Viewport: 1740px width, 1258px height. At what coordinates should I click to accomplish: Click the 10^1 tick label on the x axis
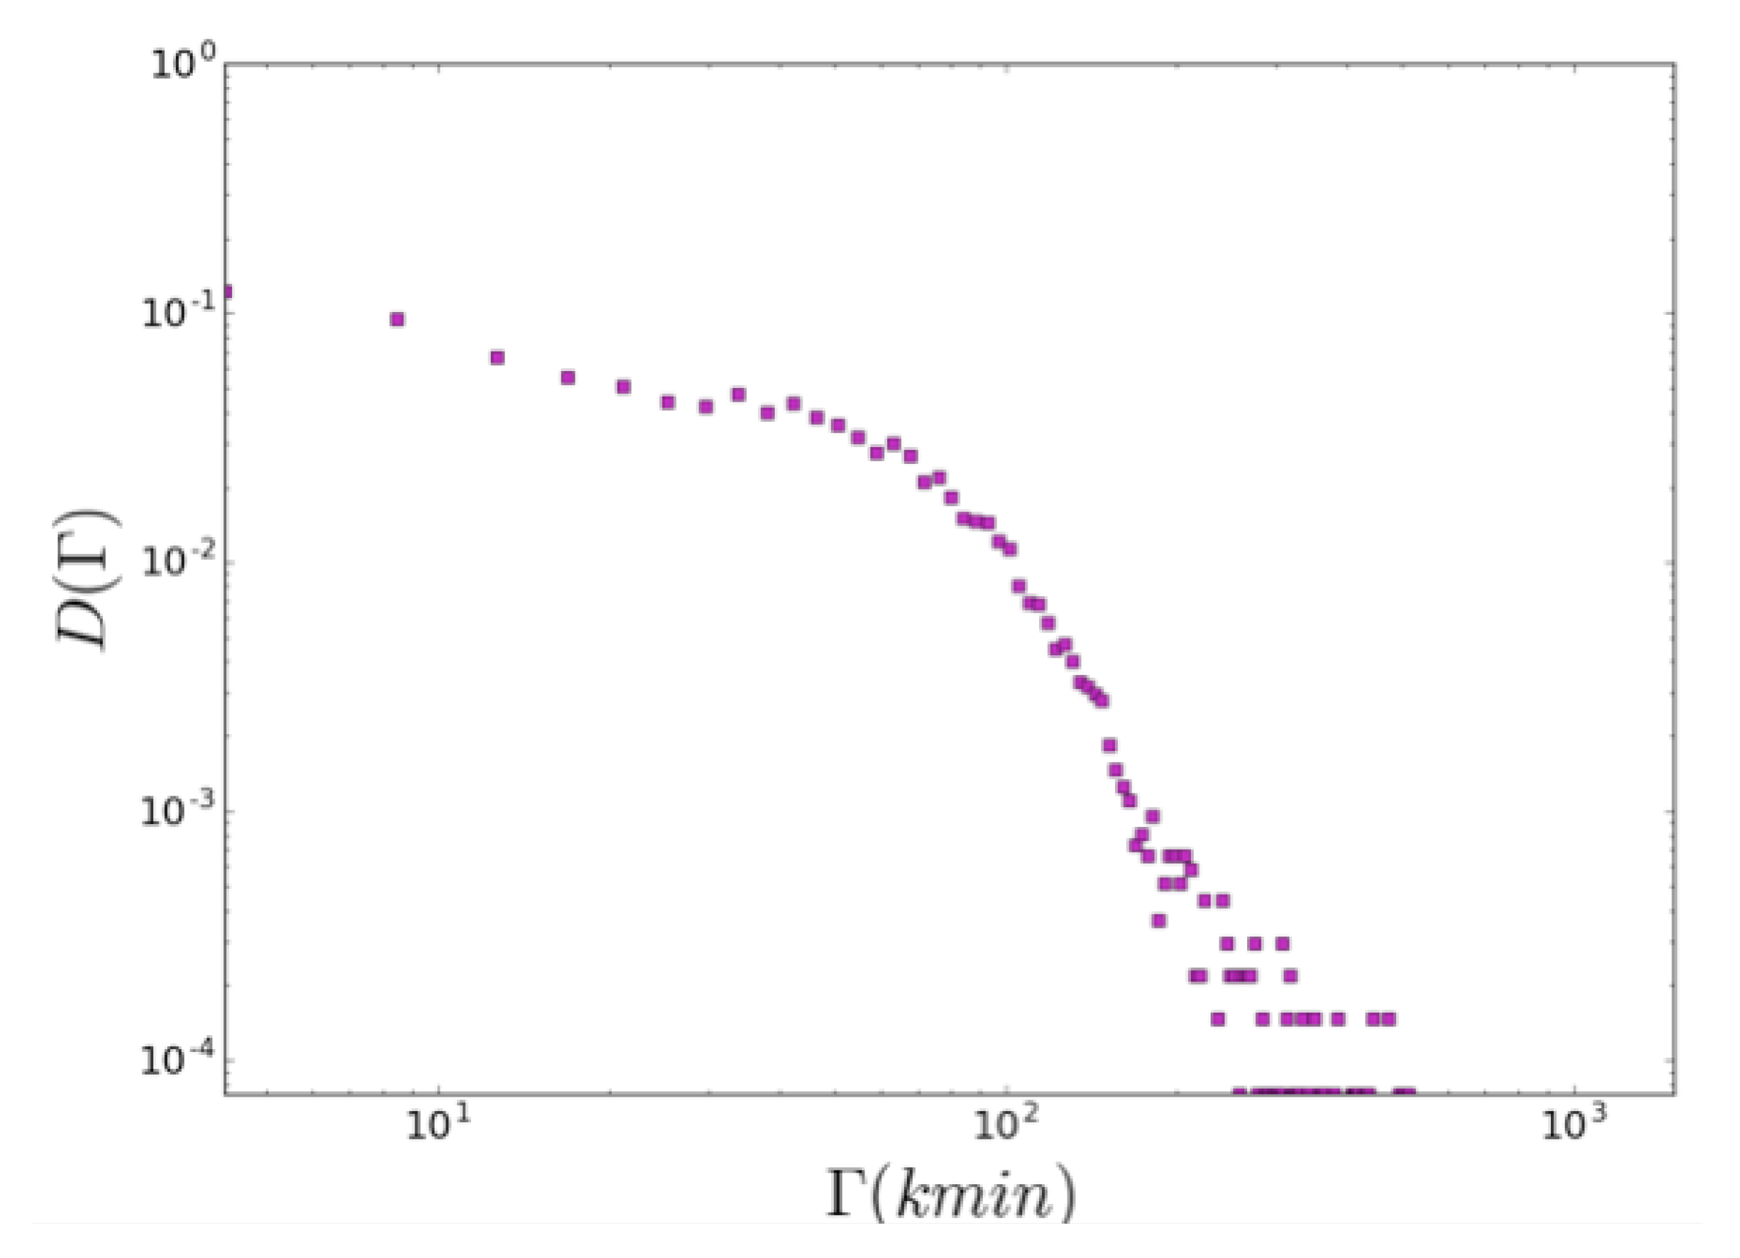point(437,1128)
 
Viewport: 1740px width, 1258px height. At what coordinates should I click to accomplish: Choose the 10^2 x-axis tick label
point(1005,1128)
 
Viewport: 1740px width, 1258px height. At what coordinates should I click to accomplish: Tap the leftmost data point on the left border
point(227,292)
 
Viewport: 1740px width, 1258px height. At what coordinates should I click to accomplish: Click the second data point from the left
point(396,319)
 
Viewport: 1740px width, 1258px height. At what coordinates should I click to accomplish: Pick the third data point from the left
point(497,358)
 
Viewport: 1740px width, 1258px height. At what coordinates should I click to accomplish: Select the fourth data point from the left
point(568,378)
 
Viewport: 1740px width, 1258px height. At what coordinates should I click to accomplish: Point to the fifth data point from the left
point(624,387)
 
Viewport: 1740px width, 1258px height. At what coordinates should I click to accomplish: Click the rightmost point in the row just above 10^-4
point(1388,1019)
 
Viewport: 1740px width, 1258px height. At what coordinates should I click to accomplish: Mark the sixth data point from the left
point(667,403)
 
